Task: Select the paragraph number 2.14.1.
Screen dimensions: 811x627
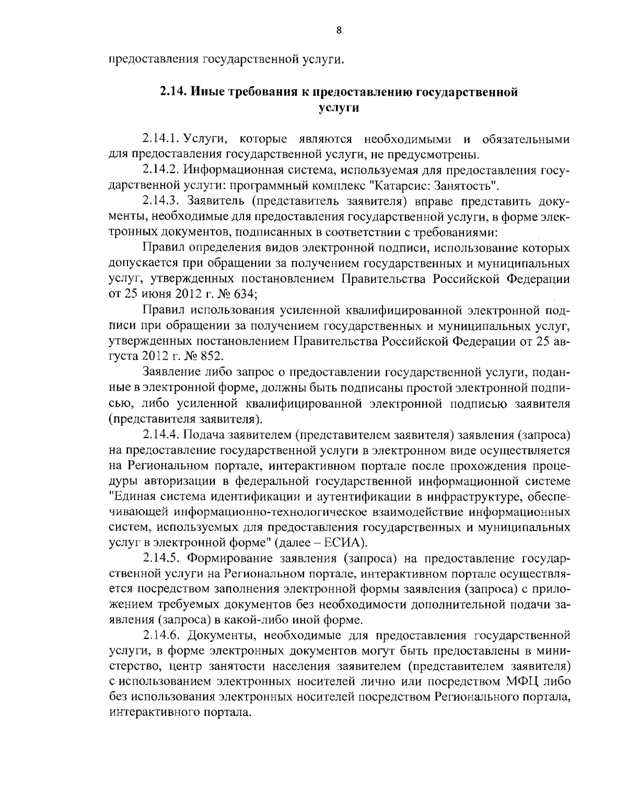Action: (161, 140)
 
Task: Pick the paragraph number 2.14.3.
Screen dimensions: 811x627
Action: (161, 201)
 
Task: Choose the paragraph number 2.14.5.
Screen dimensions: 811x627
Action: (161, 558)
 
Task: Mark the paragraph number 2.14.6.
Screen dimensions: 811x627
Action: (161, 635)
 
